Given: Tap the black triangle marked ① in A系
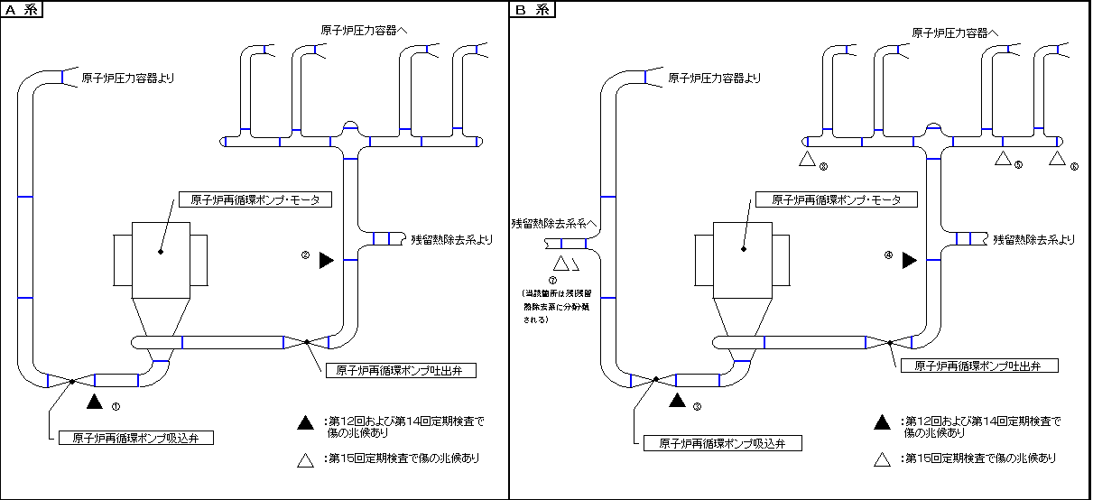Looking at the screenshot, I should click(x=96, y=402).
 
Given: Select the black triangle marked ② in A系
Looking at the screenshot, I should click(x=327, y=260).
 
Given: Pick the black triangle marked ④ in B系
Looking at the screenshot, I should click(x=910, y=260).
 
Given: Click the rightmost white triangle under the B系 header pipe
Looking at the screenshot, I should click(x=1057, y=159).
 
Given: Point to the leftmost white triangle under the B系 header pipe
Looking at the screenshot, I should click(x=807, y=160).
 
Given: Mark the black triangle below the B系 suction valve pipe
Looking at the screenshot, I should click(x=679, y=402).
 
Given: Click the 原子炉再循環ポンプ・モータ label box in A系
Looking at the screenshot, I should click(x=255, y=199).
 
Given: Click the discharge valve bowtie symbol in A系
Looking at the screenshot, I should click(x=307, y=341).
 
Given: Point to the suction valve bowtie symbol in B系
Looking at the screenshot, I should click(x=654, y=380).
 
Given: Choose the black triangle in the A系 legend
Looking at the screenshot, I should click(x=306, y=422).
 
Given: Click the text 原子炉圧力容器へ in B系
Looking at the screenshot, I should click(x=955, y=32).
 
